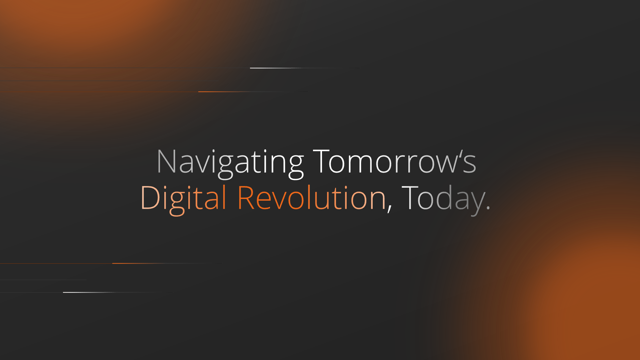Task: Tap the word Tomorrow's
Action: click(x=395, y=161)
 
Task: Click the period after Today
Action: click(x=488, y=208)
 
